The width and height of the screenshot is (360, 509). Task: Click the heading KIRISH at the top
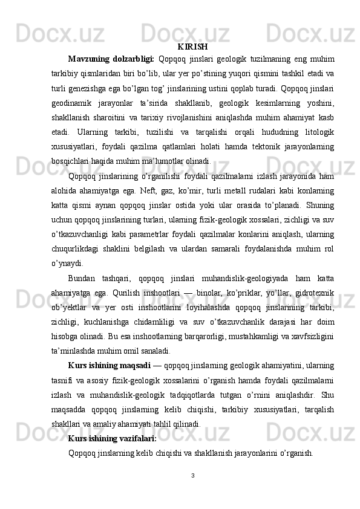coord(193,47)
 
